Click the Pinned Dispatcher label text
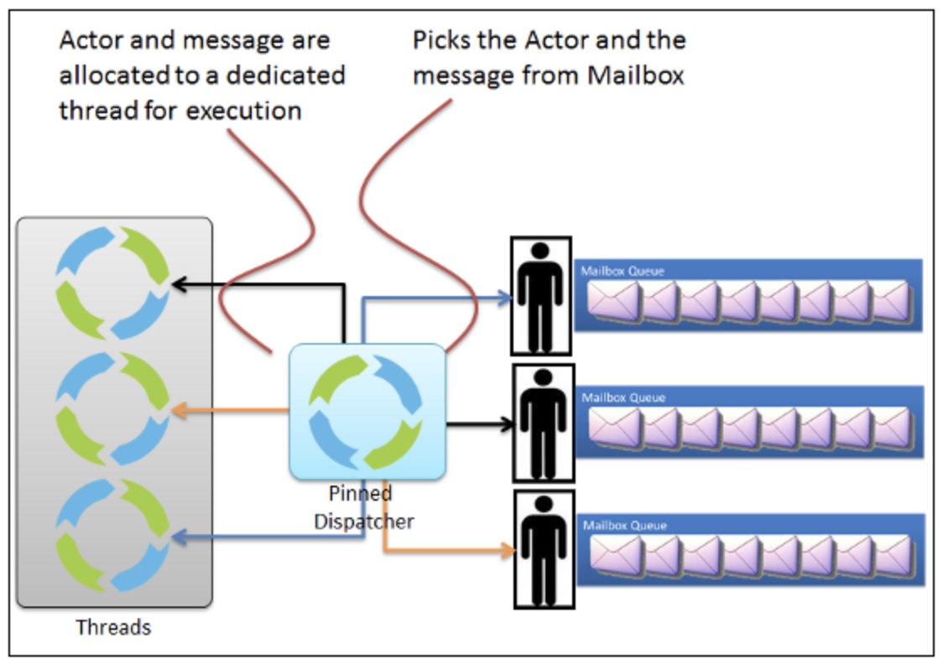363,507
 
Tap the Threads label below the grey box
113,627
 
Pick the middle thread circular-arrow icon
112,408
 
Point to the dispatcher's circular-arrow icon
367,412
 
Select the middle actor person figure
543,424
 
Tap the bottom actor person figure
543,550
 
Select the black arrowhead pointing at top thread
175,285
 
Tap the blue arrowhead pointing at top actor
507,296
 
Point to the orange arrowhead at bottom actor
508,551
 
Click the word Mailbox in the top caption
636,75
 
